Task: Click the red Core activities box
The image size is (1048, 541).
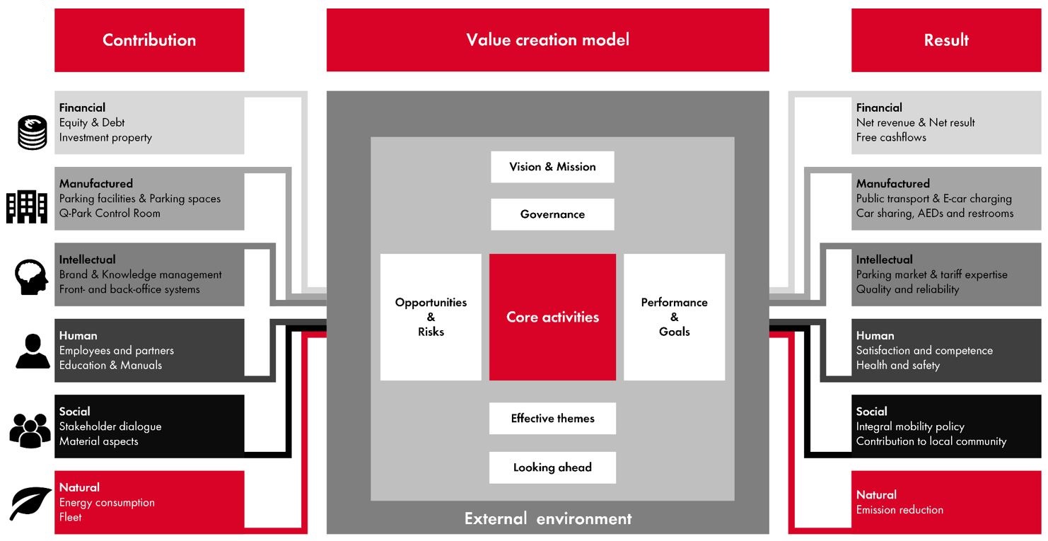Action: click(x=552, y=317)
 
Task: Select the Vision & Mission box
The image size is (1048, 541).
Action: click(x=552, y=167)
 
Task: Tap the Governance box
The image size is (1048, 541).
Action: click(x=552, y=214)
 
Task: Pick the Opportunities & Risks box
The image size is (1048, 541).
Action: click(x=431, y=317)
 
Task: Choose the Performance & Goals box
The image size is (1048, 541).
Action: click(x=674, y=317)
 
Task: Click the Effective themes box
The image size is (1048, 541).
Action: click(x=552, y=419)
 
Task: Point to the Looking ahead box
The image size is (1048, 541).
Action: click(x=552, y=467)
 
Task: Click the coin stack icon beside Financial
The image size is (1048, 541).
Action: click(x=32, y=132)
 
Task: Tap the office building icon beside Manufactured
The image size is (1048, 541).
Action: click(x=27, y=205)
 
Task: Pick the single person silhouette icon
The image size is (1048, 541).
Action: click(x=33, y=351)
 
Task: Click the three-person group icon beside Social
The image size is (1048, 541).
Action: click(x=30, y=429)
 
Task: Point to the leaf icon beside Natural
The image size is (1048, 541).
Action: click(x=30, y=503)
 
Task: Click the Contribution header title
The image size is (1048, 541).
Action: click(x=149, y=40)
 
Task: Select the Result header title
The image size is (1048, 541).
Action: click(x=946, y=40)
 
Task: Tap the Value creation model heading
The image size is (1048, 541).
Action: click(x=547, y=40)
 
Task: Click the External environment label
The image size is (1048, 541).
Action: click(x=548, y=518)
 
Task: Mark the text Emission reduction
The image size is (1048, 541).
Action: click(x=899, y=510)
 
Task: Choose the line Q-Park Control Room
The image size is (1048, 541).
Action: click(x=110, y=214)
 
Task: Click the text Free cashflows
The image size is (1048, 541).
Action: click(x=891, y=137)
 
